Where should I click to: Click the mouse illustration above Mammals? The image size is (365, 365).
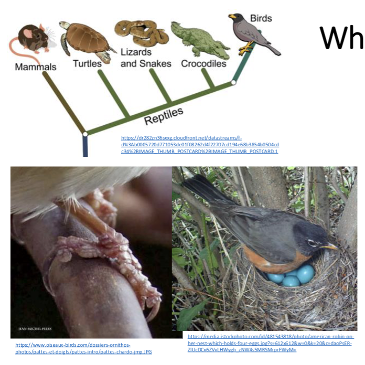(x=33, y=37)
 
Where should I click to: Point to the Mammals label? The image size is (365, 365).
(x=36, y=67)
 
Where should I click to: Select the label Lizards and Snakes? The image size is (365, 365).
(x=145, y=58)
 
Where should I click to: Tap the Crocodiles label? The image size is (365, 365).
(x=203, y=64)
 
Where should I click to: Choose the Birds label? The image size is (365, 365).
(x=261, y=18)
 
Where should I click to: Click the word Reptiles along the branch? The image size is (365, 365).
(x=164, y=115)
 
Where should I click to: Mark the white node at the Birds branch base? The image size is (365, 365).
(x=234, y=82)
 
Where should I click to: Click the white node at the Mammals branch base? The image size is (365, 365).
(x=85, y=134)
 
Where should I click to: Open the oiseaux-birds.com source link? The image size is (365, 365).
(x=83, y=348)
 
